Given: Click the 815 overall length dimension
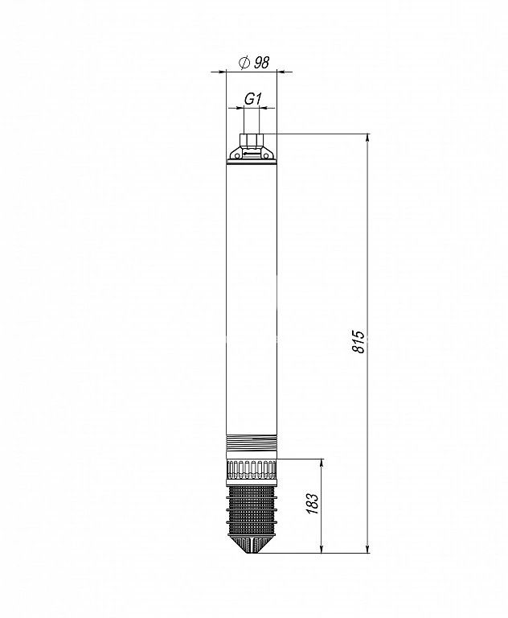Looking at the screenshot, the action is coord(358,341).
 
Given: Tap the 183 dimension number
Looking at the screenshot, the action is coord(312,503).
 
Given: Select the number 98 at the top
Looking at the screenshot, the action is coord(261,63).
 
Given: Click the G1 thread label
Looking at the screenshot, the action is coord(252,98).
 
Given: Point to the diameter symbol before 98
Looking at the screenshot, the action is coord(244,63).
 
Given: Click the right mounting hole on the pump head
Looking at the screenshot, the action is coord(267,156).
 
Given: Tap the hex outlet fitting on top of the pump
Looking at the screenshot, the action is coord(252,140).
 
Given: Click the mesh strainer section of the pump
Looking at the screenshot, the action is coord(252,510).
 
